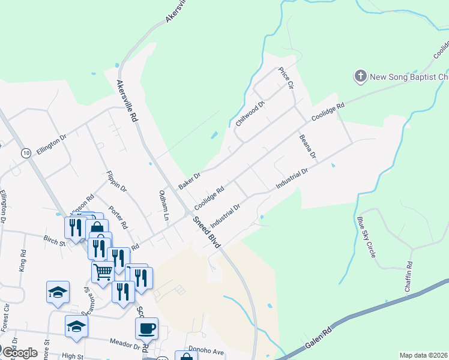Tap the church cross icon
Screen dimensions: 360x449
click(360, 76)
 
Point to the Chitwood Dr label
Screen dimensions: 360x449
click(250, 112)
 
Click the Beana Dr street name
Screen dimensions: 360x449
click(307, 146)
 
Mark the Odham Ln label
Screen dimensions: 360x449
click(163, 205)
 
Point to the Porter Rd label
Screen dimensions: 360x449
click(118, 218)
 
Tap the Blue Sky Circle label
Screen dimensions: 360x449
click(366, 237)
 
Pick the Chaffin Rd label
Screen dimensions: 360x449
click(409, 276)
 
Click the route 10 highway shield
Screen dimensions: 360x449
click(25, 154)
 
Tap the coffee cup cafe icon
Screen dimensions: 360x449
click(146, 328)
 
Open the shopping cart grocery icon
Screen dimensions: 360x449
click(103, 271)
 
